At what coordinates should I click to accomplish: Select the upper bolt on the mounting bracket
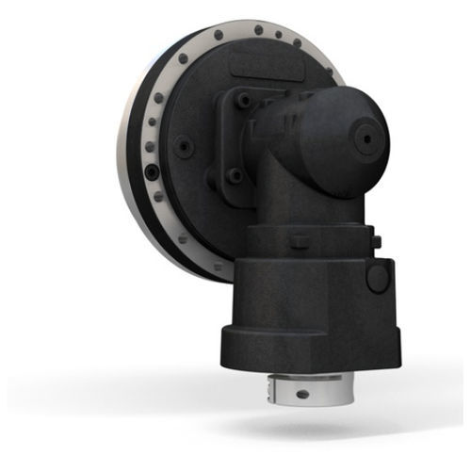244,99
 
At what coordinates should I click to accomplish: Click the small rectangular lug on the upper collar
299,235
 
